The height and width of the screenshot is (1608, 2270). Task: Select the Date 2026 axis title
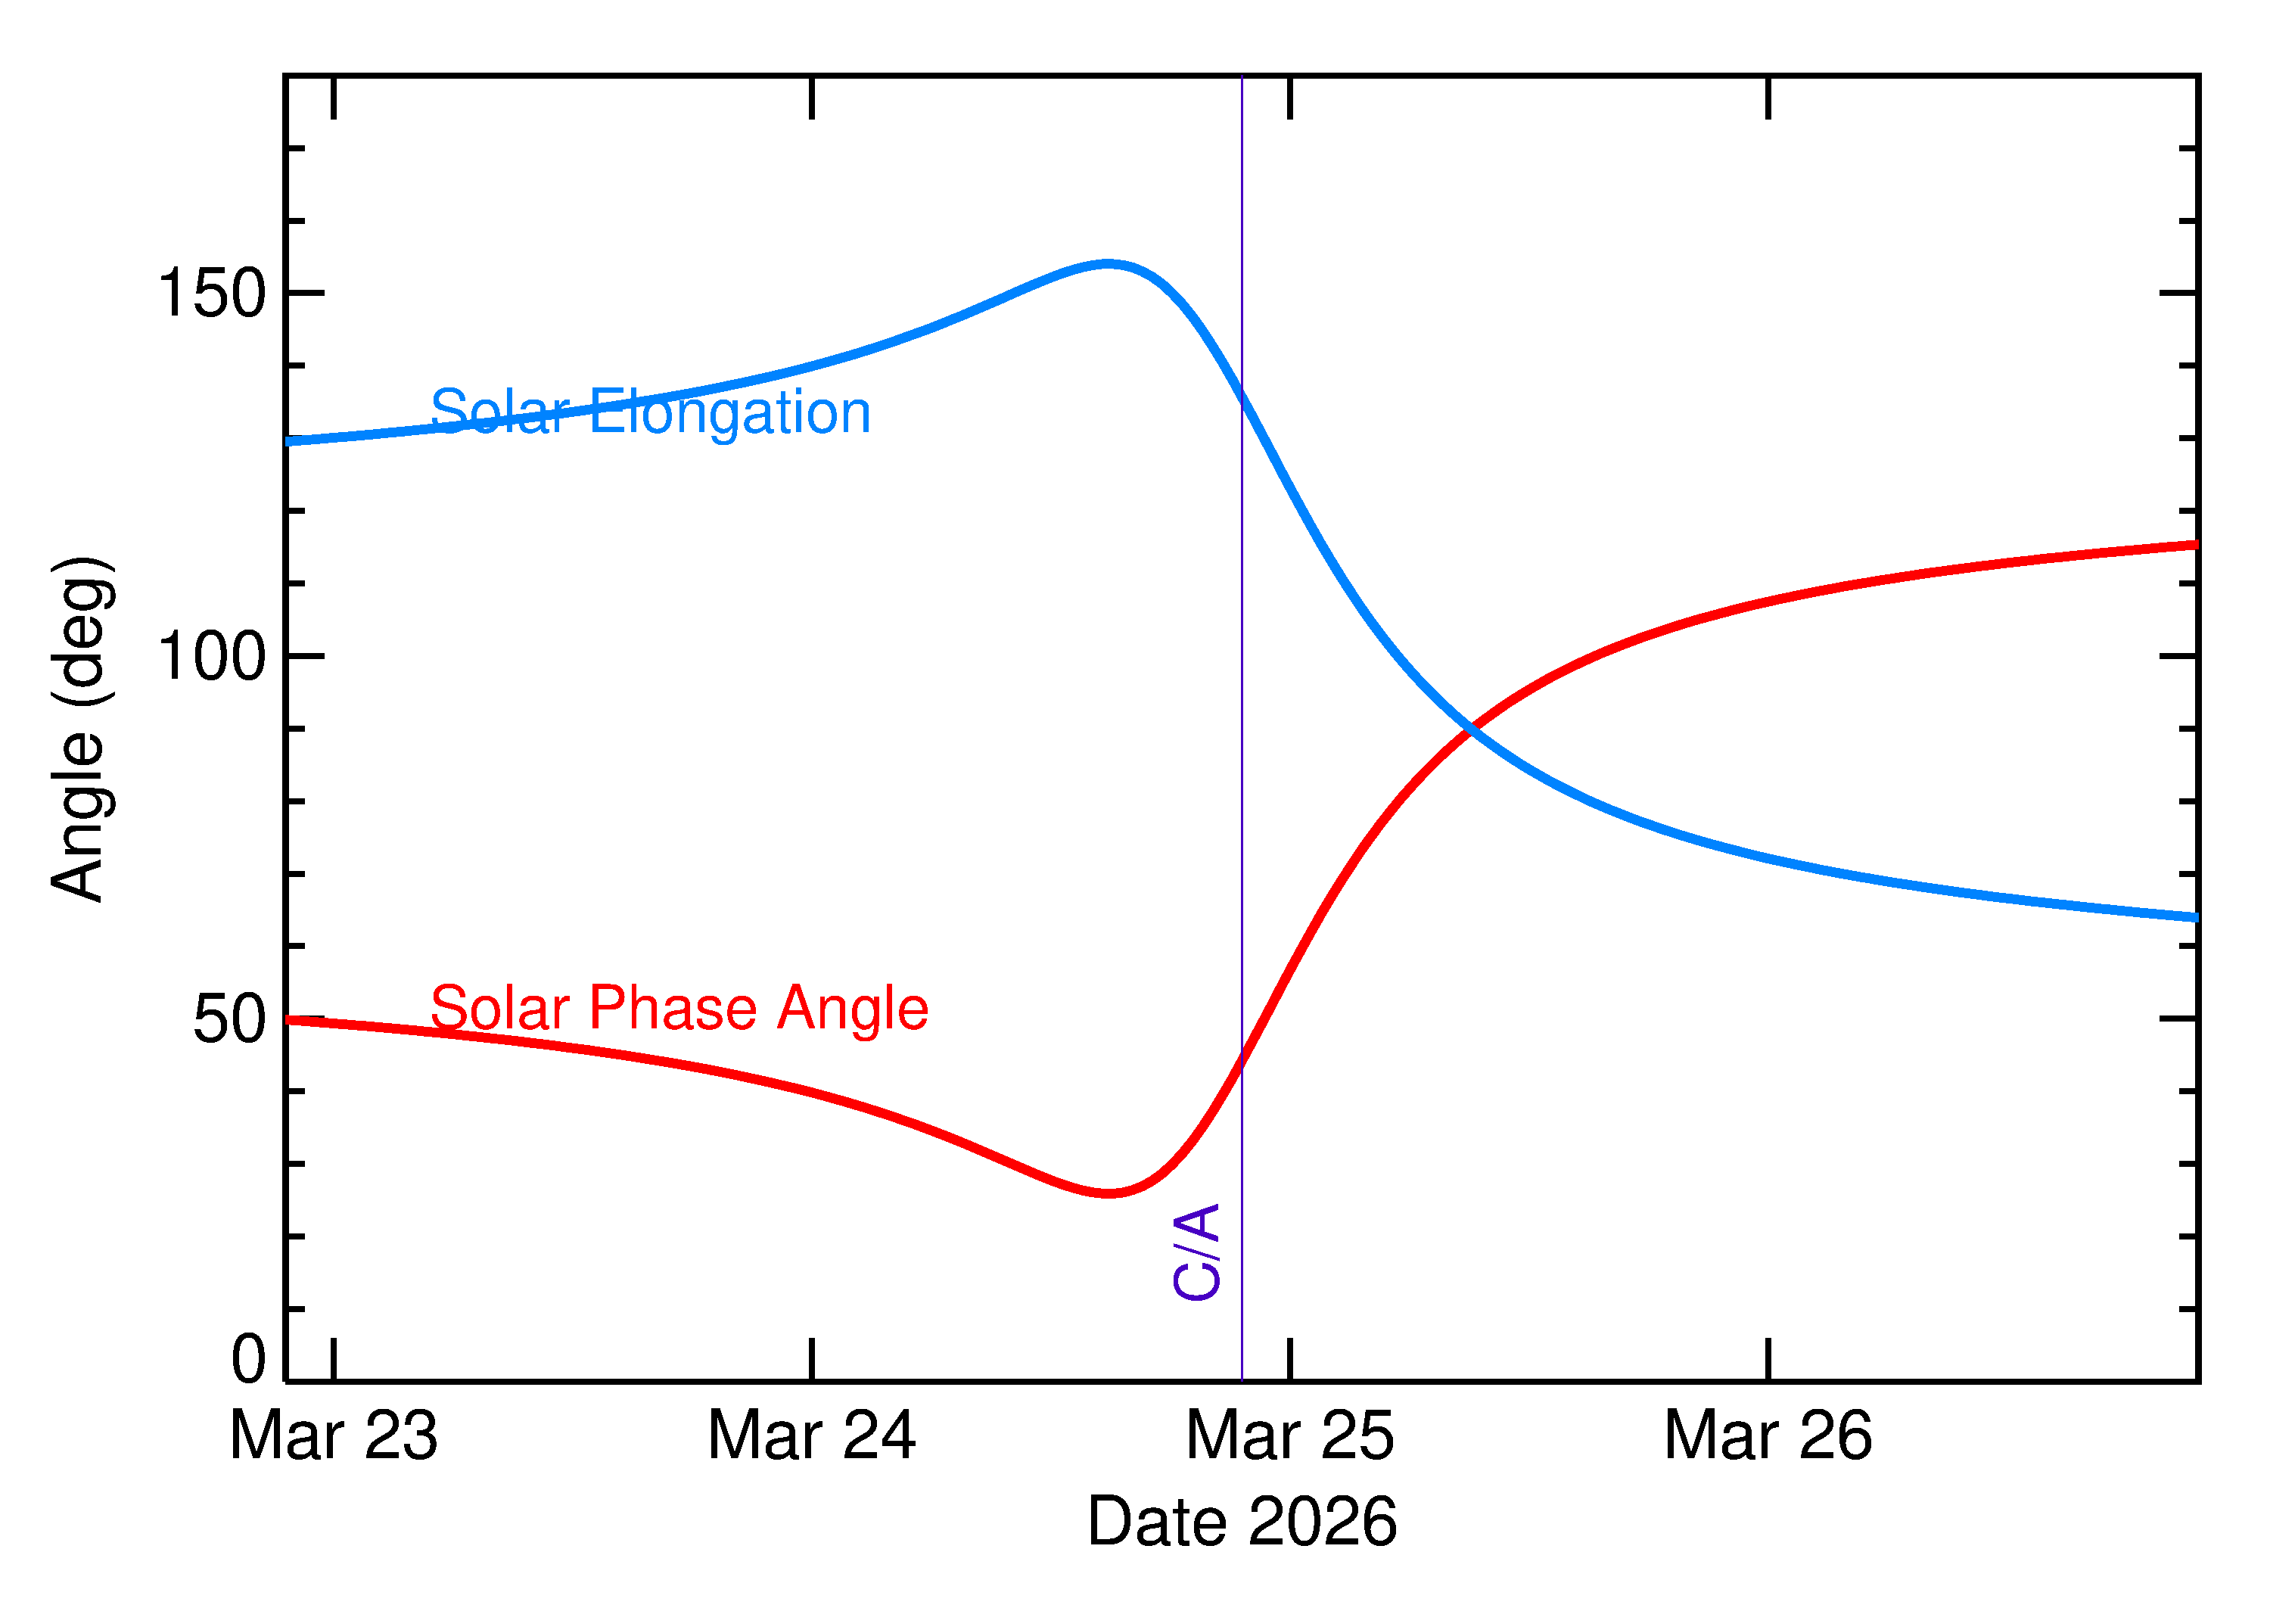1242,1522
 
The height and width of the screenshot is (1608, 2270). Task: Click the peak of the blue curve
1108,263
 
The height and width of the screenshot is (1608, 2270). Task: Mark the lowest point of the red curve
1108,1193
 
